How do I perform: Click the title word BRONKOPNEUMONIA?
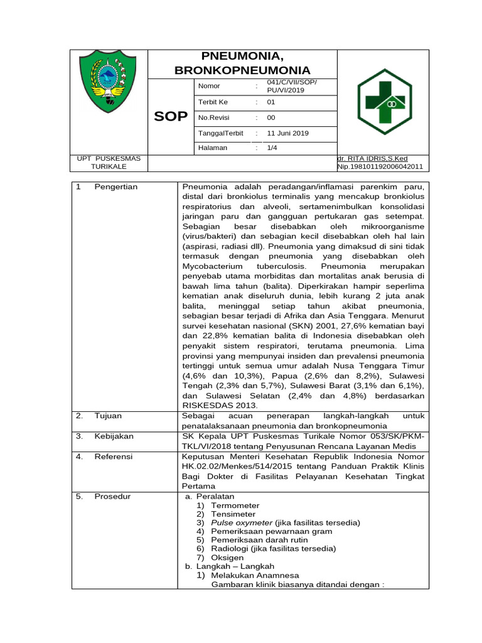click(x=242, y=71)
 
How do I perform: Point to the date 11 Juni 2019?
click(x=288, y=133)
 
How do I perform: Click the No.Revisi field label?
click(x=213, y=117)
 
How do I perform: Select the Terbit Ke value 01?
click(x=271, y=102)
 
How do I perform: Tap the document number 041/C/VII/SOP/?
click(x=292, y=82)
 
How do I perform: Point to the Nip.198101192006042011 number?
click(x=380, y=167)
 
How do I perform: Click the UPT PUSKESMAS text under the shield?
click(x=109, y=158)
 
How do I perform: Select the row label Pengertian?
click(x=116, y=187)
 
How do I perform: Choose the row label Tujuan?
click(x=108, y=416)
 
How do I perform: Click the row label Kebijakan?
click(x=114, y=436)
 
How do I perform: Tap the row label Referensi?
click(x=114, y=457)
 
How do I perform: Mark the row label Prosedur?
click(x=112, y=497)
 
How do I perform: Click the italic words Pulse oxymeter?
click(x=242, y=522)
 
